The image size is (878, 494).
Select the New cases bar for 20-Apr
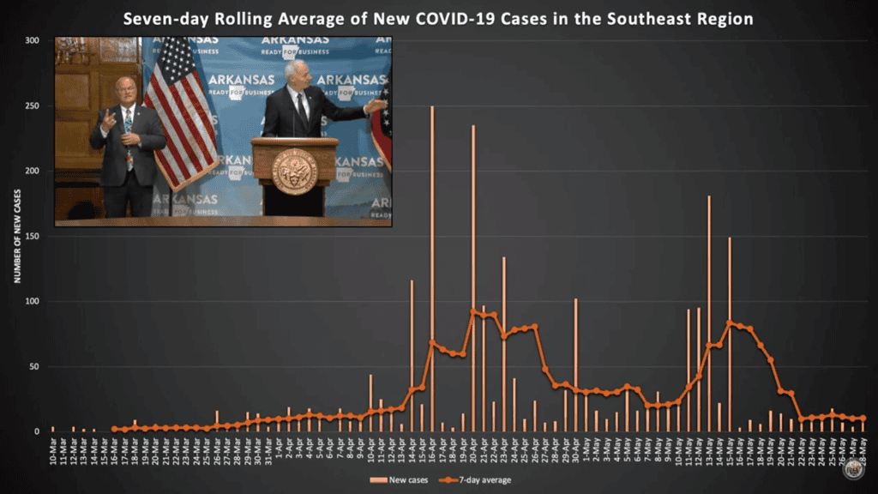pos(473,274)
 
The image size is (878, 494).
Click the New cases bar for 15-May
pos(730,334)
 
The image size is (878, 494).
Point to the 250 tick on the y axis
pos(33,105)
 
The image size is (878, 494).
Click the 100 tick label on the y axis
pos(33,301)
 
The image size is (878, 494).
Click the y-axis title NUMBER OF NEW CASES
pos(16,237)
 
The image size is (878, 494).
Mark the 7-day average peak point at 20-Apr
pos(473,311)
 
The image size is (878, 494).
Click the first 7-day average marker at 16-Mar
pos(115,429)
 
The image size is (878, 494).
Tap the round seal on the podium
pos(294,171)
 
